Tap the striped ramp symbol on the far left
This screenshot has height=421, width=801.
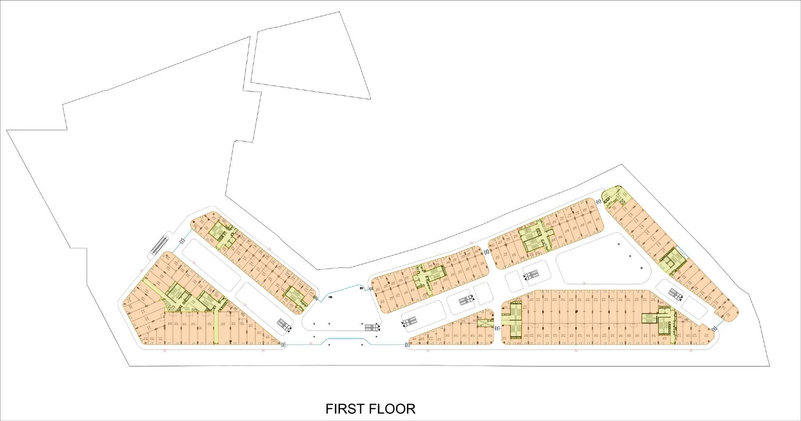pyautogui.click(x=160, y=245)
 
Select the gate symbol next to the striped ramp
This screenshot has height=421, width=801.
pyautogui.click(x=182, y=242)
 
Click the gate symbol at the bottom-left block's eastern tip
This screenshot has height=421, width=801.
pyautogui.click(x=284, y=345)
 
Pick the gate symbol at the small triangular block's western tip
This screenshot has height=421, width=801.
pyautogui.click(x=408, y=345)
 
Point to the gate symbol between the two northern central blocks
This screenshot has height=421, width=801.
pyautogui.click(x=486, y=252)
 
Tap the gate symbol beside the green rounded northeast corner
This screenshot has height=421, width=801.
pyautogui.click(x=599, y=202)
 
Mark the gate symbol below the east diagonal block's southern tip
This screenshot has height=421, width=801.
pyautogui.click(x=715, y=328)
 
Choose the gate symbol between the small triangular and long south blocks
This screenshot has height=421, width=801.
pyautogui.click(x=497, y=328)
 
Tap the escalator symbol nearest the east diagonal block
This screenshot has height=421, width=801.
pyautogui.click(x=675, y=294)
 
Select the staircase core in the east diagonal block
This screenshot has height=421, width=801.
pyautogui.click(x=672, y=258)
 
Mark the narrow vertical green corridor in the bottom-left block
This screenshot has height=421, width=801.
pyautogui.click(x=216, y=328)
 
